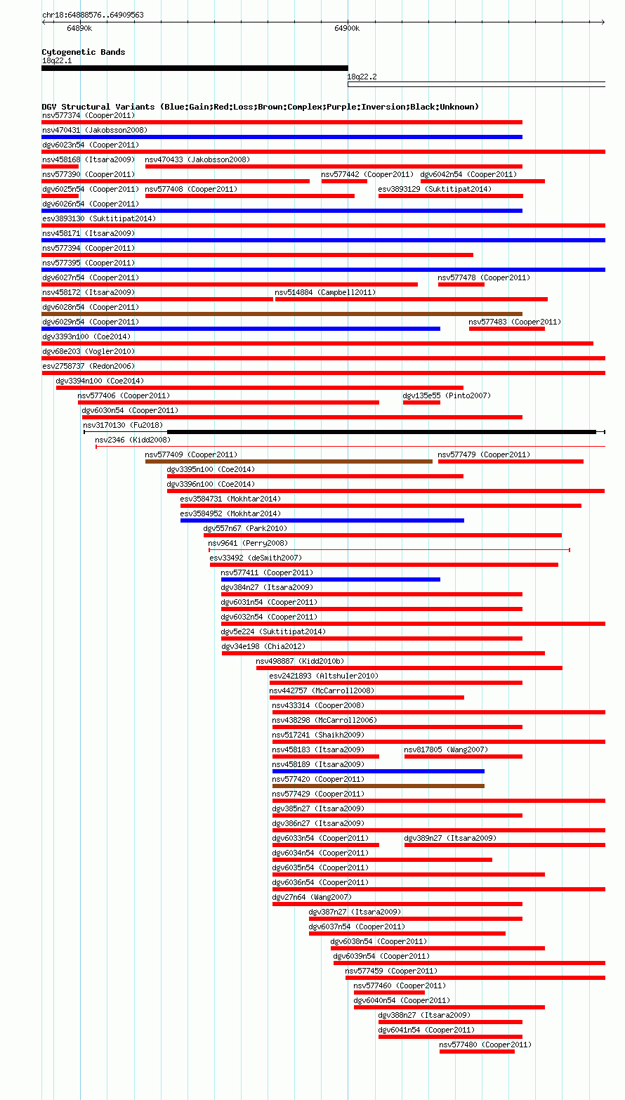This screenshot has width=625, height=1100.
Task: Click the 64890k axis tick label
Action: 79,29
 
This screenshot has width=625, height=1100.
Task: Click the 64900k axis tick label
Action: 347,29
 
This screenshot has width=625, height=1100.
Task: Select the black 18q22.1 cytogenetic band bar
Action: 195,68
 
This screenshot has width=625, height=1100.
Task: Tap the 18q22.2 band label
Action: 362,77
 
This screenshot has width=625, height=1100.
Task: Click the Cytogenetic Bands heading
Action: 84,52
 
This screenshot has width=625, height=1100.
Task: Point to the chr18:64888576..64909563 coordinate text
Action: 93,15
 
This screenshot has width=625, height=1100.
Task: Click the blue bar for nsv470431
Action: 282,137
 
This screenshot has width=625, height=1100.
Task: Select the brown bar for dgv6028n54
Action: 282,314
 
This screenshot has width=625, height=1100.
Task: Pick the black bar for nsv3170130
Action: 381,432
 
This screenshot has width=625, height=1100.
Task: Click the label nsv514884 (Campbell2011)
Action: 325,292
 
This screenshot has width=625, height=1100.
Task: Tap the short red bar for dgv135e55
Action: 421,402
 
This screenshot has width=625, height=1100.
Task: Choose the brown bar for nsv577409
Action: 289,461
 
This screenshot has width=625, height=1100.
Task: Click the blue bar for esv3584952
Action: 322,520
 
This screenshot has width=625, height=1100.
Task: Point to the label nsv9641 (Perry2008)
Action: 248,543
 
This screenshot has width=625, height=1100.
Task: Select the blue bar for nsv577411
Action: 331,579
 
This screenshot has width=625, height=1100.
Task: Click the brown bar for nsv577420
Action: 379,786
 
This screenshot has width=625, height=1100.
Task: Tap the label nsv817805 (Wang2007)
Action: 446,749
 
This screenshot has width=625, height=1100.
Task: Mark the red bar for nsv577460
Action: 389,993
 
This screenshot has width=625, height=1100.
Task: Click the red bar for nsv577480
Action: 477,1052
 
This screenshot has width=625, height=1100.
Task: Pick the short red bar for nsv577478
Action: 461,284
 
